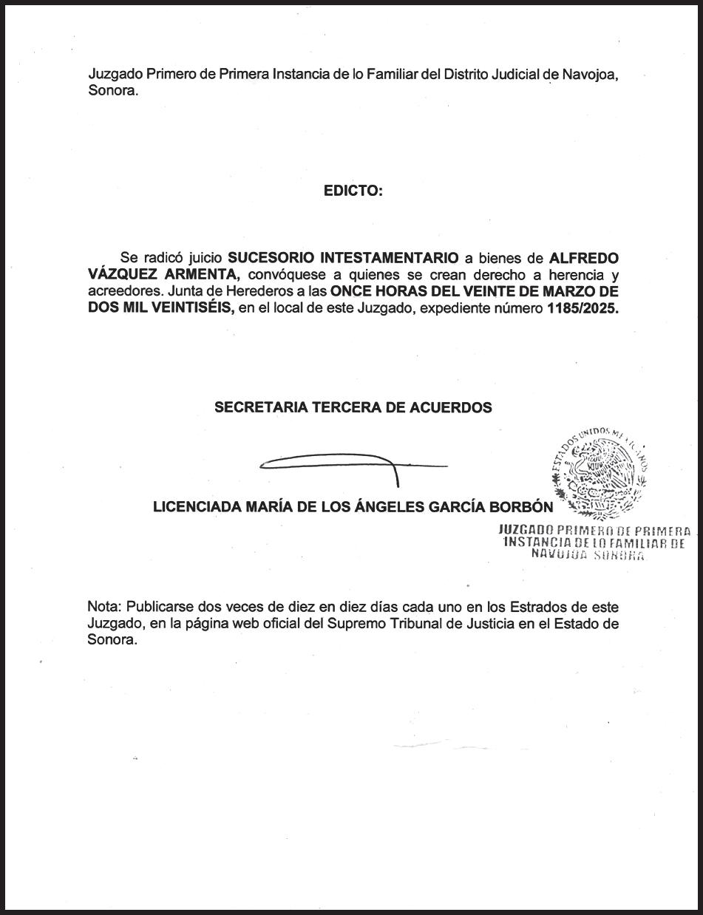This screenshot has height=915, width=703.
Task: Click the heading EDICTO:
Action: [353, 191]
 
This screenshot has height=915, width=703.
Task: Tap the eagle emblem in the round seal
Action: [600, 473]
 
